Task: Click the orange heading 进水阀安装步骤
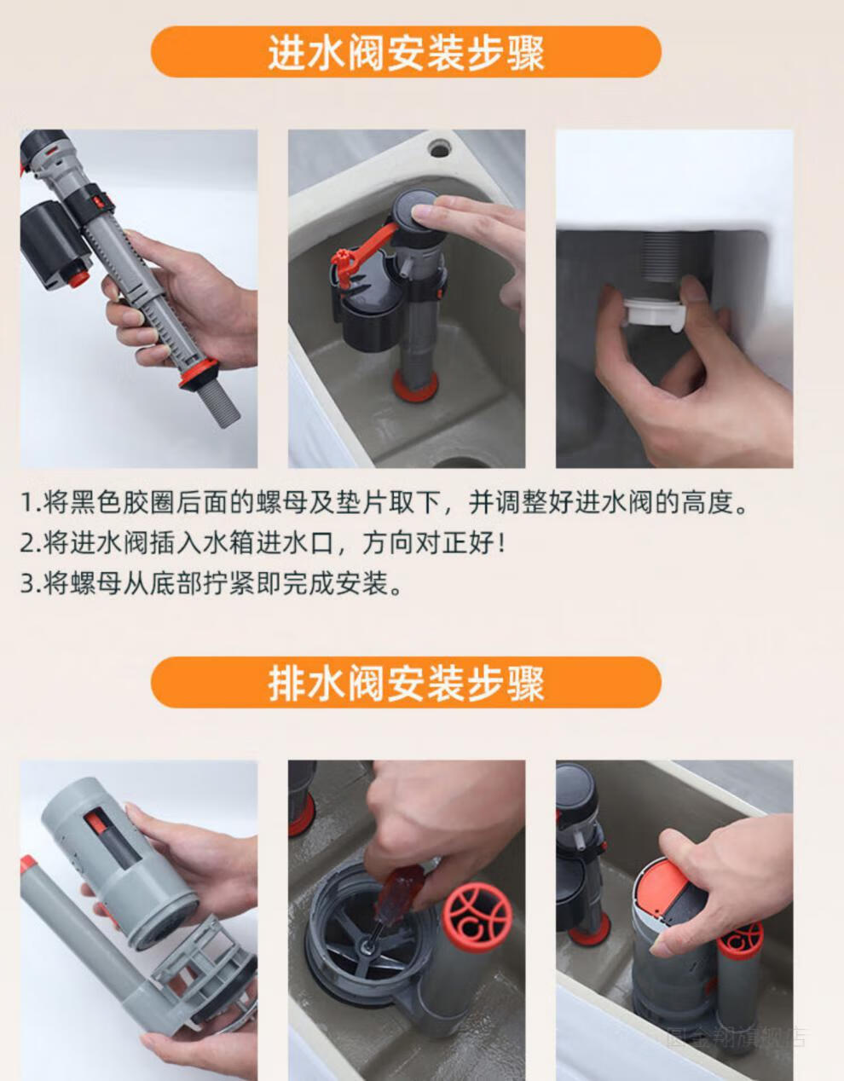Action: (x=406, y=53)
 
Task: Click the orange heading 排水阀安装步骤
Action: (x=406, y=683)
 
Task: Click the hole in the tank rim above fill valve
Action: (x=439, y=148)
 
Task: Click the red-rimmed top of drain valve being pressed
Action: (x=673, y=895)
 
